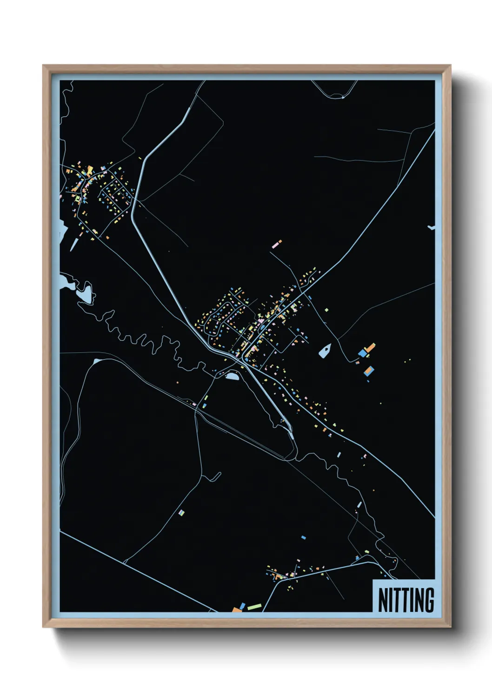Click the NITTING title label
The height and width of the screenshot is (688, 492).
406,600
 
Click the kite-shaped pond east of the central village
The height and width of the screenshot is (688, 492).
326,351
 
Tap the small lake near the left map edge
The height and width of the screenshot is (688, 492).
86,293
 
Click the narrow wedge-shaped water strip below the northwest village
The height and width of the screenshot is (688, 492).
73,244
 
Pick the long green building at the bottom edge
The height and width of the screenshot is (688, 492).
254,607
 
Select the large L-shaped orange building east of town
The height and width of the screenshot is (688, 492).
370,348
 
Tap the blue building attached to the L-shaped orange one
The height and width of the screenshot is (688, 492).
362,353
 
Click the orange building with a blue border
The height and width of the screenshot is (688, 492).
369,370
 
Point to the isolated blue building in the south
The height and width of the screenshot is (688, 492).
303,537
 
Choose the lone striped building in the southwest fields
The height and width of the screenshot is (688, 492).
181,512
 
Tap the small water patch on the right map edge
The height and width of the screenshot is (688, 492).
432,228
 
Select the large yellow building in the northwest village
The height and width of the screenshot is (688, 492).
89,170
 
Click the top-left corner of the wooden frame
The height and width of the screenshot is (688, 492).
43,66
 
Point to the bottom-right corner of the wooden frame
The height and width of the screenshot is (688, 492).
450,627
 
